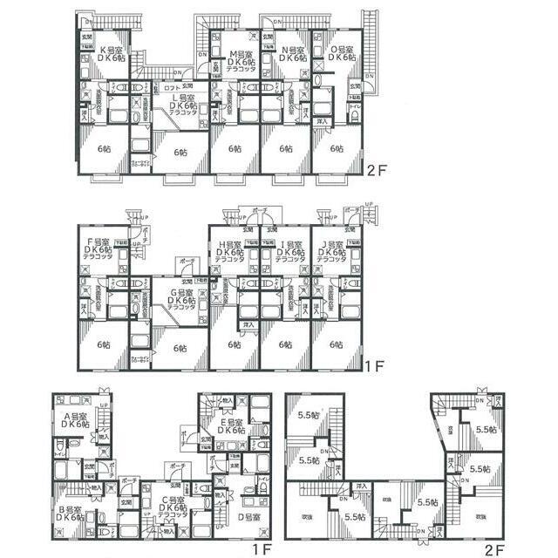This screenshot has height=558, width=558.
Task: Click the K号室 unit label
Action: pos(112,50)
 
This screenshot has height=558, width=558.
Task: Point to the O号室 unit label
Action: pos(340,50)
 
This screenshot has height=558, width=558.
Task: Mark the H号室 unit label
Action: pos(231,244)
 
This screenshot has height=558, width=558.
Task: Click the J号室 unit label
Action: pos(333,244)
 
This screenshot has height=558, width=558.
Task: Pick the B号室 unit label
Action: pos(71,510)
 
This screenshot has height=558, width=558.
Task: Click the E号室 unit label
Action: pos(230,421)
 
